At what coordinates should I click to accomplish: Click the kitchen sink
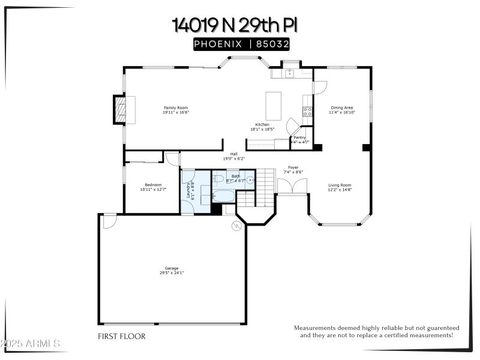tap(289, 73)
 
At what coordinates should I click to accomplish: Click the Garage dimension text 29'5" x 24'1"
tap(172, 272)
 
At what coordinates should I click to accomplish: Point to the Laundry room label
tap(188, 191)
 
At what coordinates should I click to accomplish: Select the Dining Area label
tap(341, 108)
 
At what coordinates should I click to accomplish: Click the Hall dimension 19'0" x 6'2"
tap(234, 158)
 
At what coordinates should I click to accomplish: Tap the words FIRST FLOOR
tap(122, 337)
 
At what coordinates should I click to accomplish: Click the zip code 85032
tap(274, 43)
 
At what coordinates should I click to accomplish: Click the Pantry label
tap(300, 137)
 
